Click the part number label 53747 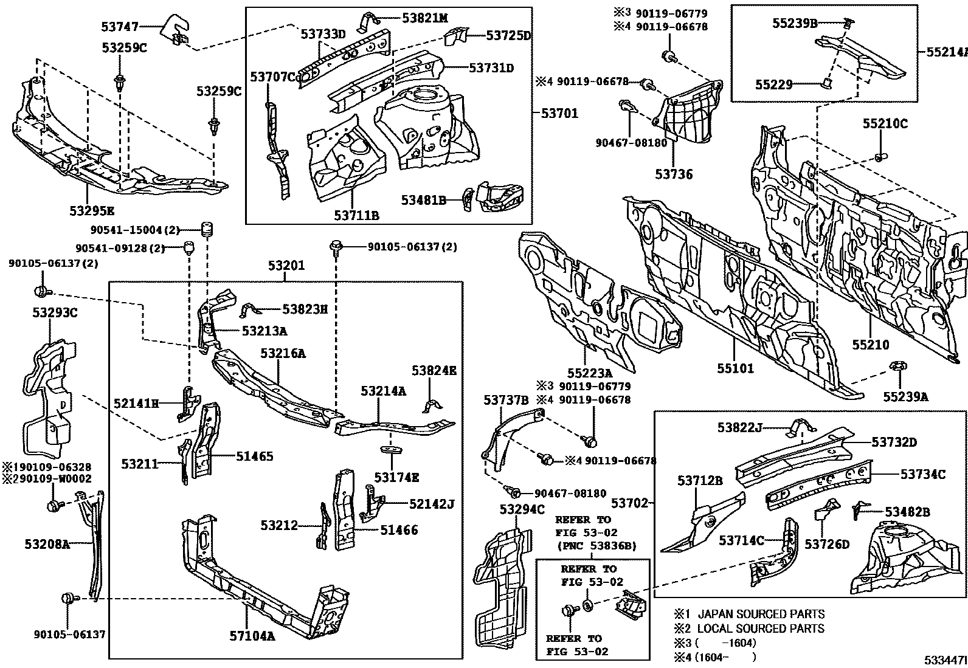pyautogui.click(x=121, y=26)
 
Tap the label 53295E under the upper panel pyautogui.click(x=91, y=211)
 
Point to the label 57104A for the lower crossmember pyautogui.click(x=252, y=636)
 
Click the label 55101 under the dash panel pyautogui.click(x=735, y=368)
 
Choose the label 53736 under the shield pyautogui.click(x=674, y=174)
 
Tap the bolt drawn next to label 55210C pyautogui.click(x=880, y=158)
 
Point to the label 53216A pyautogui.click(x=283, y=353)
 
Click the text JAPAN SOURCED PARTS pyautogui.click(x=761, y=614)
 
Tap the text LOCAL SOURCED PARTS pyautogui.click(x=761, y=628)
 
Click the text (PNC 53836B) pyautogui.click(x=596, y=546)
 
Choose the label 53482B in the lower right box pyautogui.click(x=907, y=512)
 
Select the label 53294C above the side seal pyautogui.click(x=522, y=509)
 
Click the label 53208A pyautogui.click(x=47, y=544)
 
